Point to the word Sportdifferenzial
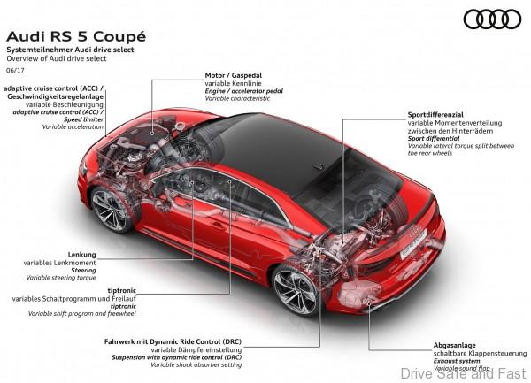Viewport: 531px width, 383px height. pyautogui.click(x=435, y=116)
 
